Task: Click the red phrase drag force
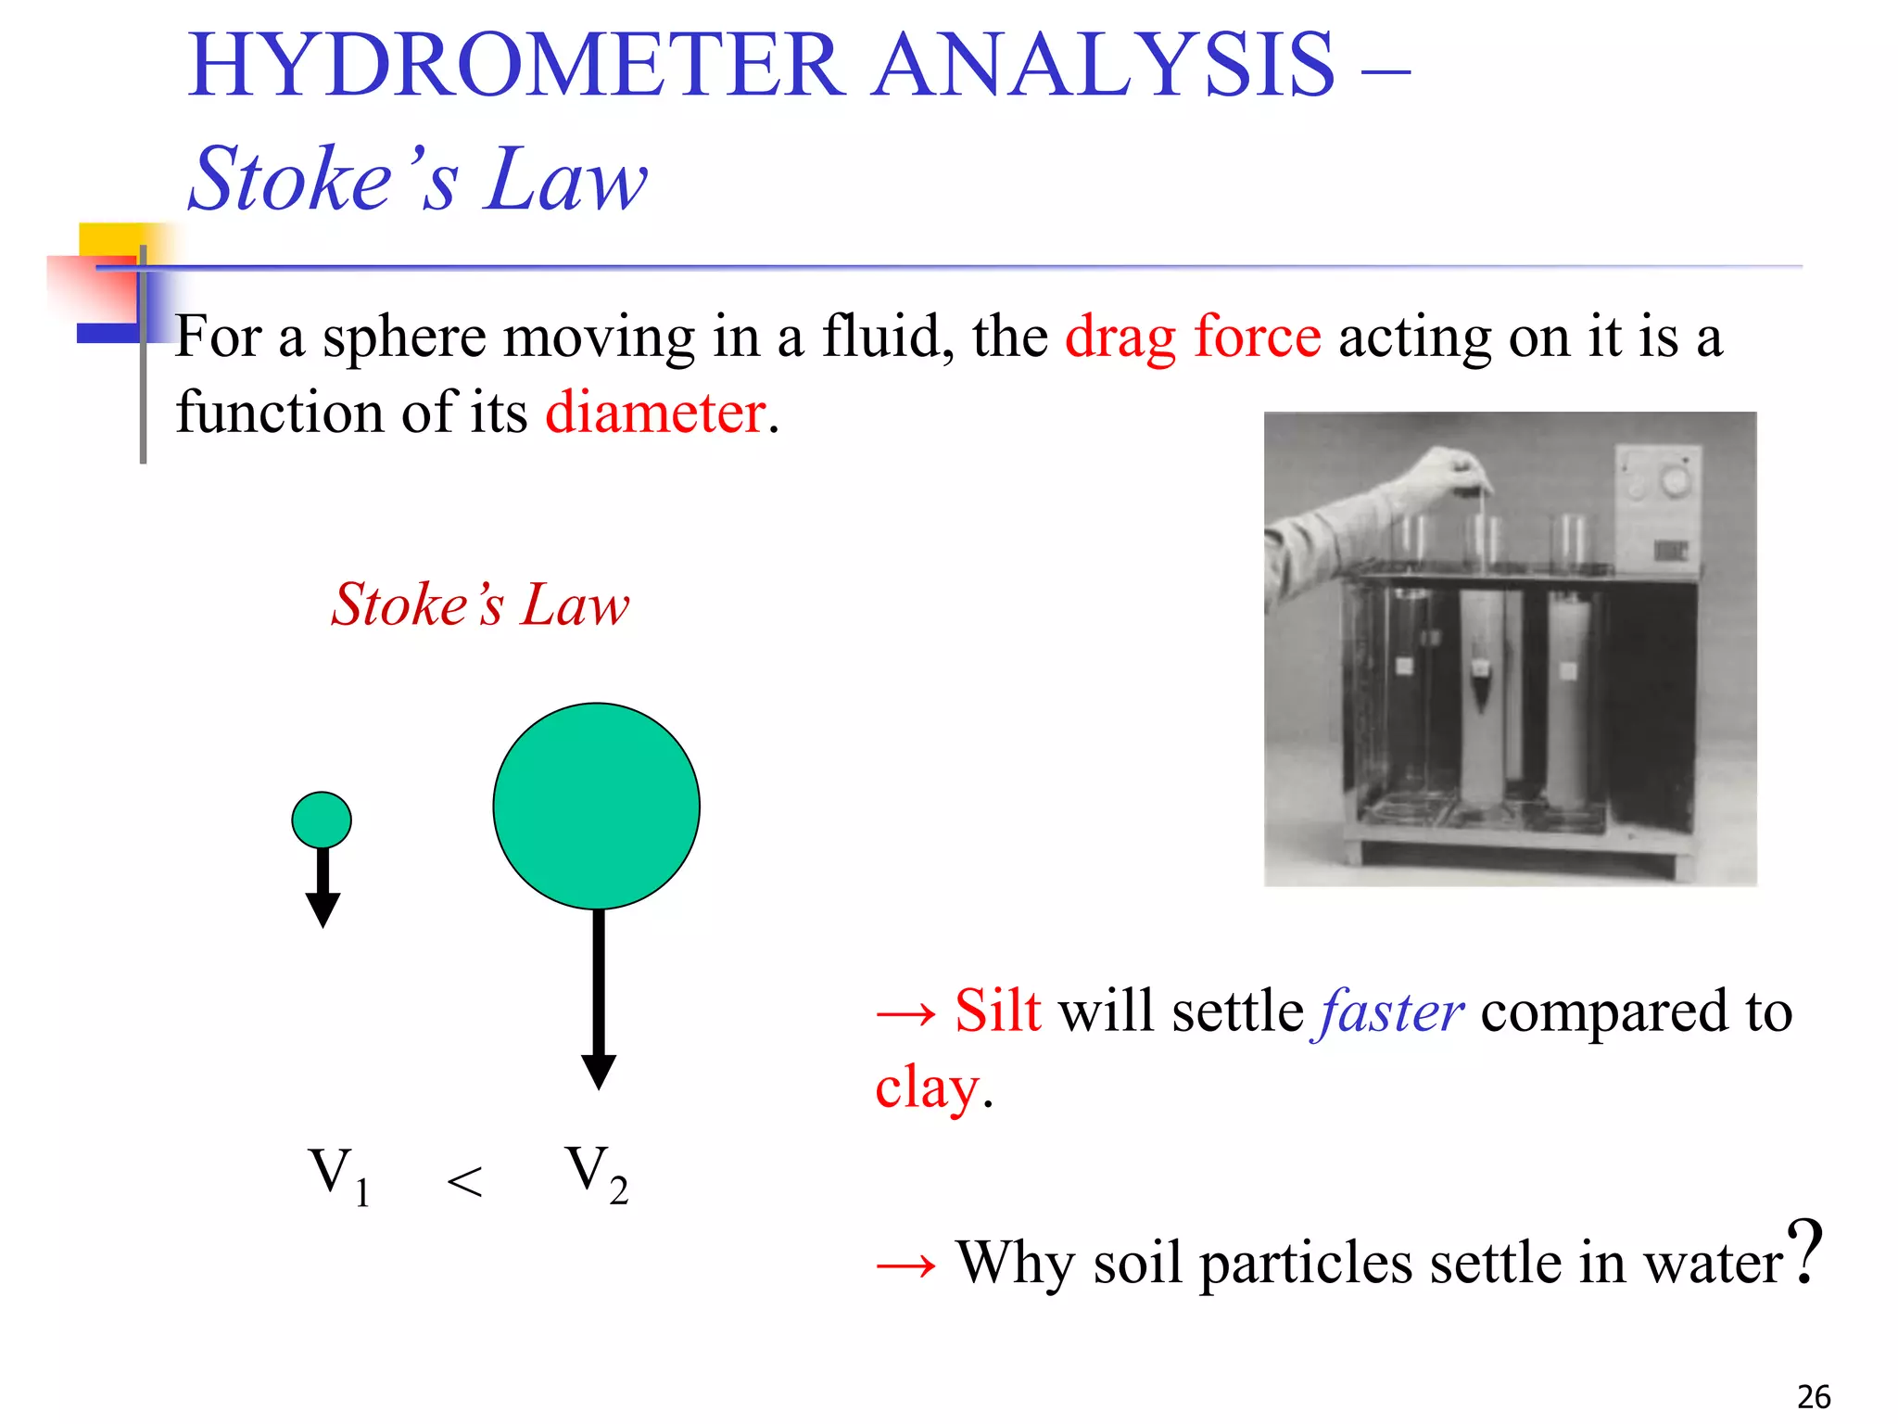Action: pos(1193,337)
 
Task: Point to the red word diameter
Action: pos(655,413)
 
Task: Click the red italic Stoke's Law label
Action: pos(480,605)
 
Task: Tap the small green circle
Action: pos(322,820)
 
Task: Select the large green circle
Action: pos(596,806)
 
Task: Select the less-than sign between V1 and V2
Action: pos(464,1182)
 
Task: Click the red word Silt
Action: pos(997,1011)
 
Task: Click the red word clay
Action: pos(927,1087)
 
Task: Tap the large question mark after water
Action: pos(1804,1252)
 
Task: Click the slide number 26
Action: pos(1814,1396)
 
